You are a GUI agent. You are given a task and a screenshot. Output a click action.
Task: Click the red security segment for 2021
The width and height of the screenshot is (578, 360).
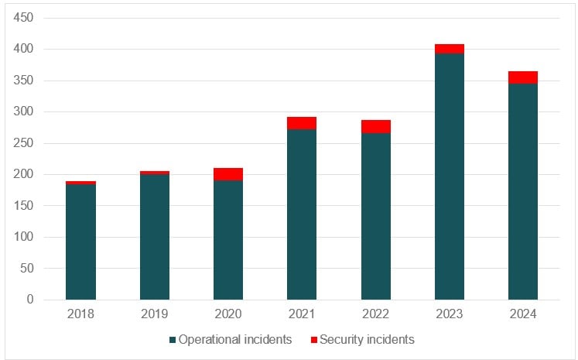coord(302,123)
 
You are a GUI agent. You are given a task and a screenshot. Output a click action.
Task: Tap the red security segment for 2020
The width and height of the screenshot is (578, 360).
coord(228,174)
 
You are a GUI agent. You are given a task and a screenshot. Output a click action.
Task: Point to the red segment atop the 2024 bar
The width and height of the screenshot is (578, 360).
coord(522,77)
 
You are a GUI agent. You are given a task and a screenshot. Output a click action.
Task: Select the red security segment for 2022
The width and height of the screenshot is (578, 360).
coord(375,127)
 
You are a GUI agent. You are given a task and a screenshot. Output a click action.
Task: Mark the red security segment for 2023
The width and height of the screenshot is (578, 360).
coord(449,49)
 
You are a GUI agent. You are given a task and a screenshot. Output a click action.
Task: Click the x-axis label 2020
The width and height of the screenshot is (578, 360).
coord(228,314)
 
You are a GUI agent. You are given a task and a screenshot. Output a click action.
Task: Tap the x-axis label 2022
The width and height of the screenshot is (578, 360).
coord(375,314)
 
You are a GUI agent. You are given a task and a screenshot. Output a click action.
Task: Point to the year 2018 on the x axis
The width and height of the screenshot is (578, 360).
coord(80,314)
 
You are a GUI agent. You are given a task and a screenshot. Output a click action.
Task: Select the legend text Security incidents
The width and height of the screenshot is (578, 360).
coord(367,339)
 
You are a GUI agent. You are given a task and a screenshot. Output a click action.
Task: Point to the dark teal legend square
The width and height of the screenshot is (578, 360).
coord(172,340)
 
